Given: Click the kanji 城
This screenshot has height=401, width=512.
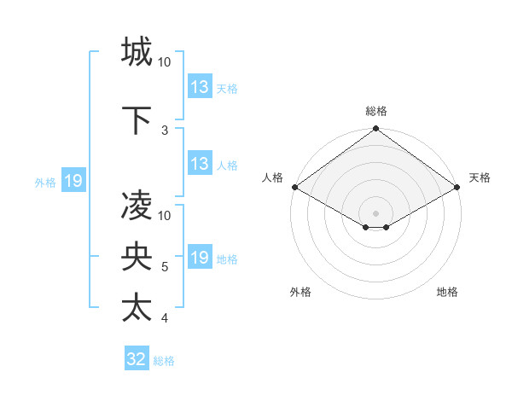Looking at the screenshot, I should click(137, 52).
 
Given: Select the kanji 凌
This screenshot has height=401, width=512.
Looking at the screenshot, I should click(137, 206).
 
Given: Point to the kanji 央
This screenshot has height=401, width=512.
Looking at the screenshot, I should click(137, 258).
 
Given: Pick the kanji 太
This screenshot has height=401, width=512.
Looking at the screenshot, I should click(137, 308).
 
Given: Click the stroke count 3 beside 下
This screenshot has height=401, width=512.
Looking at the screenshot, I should click(165, 131).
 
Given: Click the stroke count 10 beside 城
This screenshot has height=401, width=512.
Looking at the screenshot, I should click(165, 62).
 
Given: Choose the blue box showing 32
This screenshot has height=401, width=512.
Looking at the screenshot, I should click(137, 359).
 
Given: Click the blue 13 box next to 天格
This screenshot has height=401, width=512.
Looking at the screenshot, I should click(200, 86).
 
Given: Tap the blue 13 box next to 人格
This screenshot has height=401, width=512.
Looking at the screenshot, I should click(200, 164).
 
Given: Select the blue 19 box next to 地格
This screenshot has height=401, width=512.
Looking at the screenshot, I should click(200, 258).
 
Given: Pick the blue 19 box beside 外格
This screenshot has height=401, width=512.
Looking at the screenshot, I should click(73, 181).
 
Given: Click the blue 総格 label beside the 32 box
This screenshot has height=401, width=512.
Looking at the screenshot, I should click(165, 361).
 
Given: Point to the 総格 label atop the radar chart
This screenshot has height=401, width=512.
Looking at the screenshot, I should click(376, 111).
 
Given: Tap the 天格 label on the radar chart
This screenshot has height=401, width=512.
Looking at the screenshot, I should click(480, 177).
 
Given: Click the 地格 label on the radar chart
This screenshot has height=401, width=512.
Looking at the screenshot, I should click(447, 292).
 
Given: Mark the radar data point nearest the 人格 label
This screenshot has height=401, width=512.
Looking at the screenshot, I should click(294, 187).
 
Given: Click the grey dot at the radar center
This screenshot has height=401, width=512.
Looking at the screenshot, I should click(375, 212).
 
